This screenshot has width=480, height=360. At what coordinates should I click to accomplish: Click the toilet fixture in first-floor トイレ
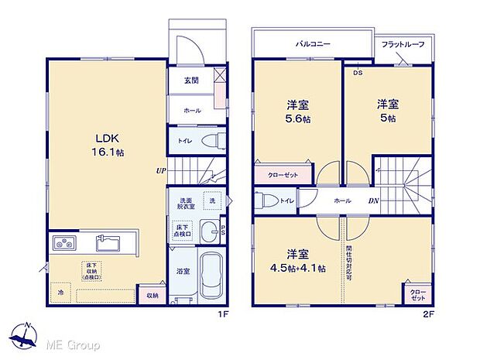(x=211, y=142)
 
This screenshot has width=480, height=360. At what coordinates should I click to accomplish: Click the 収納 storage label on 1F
(x=151, y=295)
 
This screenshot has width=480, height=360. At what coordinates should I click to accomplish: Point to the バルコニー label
(x=313, y=44)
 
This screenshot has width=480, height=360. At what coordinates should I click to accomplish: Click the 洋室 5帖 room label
(x=387, y=110)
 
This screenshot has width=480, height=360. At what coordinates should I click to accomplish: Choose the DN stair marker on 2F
(x=373, y=201)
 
